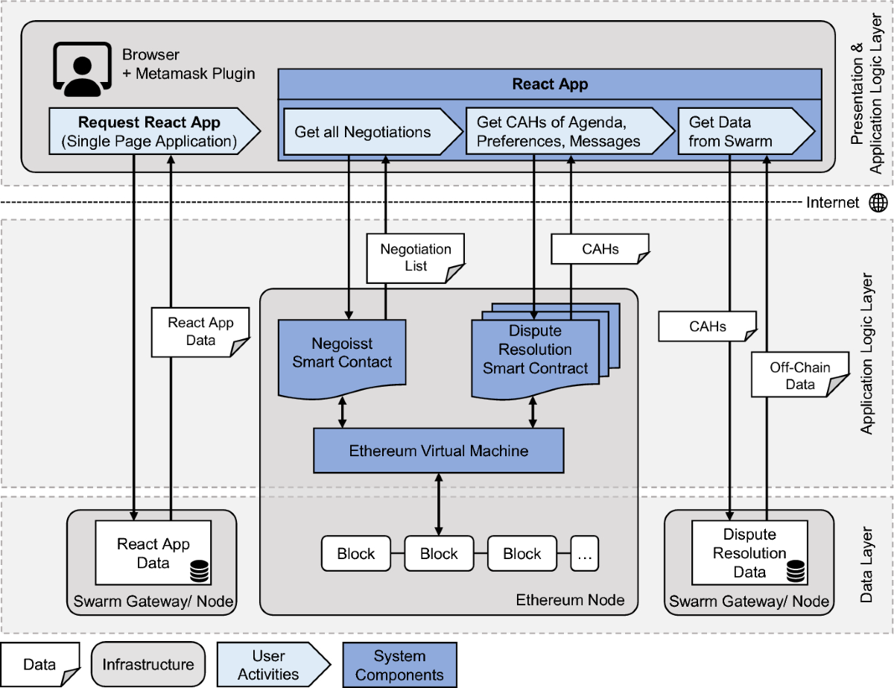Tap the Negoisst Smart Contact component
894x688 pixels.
pyautogui.click(x=342, y=353)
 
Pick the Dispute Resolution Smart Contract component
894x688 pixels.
pyautogui.click(x=536, y=350)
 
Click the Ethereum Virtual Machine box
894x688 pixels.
pyautogui.click(x=438, y=450)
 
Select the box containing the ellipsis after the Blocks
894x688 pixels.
pyautogui.click(x=585, y=554)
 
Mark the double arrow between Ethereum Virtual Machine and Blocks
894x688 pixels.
pyautogui.click(x=438, y=503)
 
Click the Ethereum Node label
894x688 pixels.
pyautogui.click(x=570, y=600)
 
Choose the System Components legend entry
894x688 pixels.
pyautogui.click(x=399, y=665)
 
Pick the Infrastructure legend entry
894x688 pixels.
pyautogui.click(x=148, y=664)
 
